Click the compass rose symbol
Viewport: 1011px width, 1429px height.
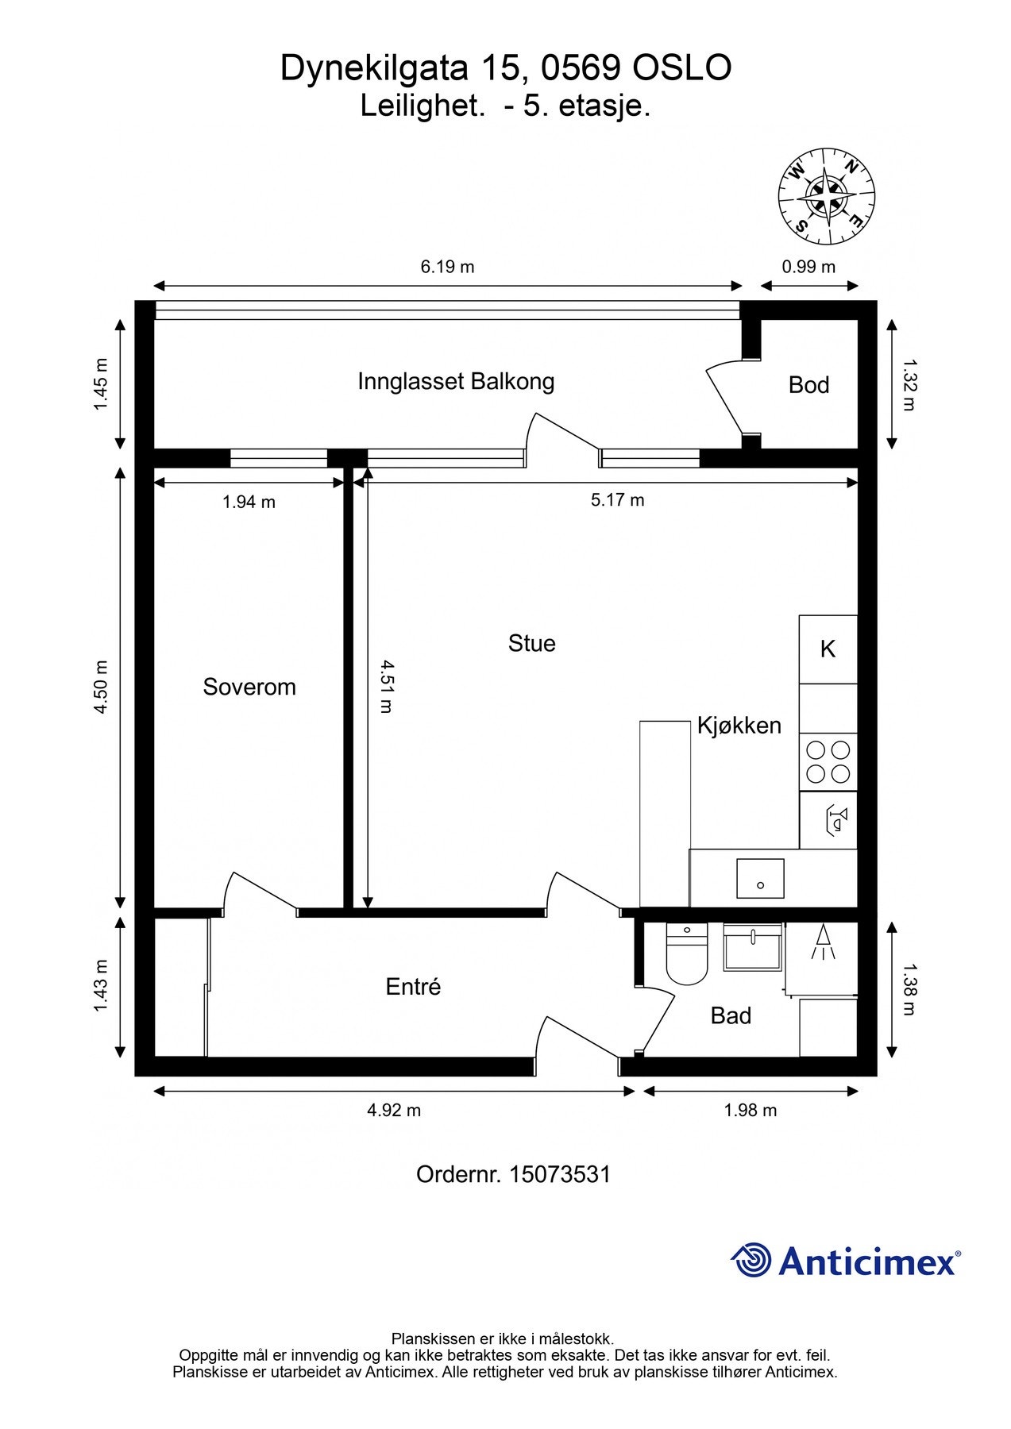(826, 195)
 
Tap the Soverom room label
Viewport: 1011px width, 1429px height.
(249, 687)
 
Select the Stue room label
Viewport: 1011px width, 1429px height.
(531, 643)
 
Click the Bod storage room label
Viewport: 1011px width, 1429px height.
(808, 385)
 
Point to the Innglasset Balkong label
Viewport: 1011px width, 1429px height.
(456, 381)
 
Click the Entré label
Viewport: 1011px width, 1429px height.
(413, 987)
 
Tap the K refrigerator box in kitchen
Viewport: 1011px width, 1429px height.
(828, 649)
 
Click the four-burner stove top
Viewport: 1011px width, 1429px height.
(828, 761)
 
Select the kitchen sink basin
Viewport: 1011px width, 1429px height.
(760, 879)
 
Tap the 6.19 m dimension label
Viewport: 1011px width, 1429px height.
(447, 267)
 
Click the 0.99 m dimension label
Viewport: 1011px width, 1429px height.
(808, 267)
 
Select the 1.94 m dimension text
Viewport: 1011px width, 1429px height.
(249, 502)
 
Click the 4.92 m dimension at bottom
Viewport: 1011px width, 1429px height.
(394, 1111)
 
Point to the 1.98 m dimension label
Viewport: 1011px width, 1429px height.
(750, 1111)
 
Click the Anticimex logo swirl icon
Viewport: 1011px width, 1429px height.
(751, 1260)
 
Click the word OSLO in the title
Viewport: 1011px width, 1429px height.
(681, 69)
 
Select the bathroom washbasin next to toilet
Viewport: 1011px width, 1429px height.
(752, 946)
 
